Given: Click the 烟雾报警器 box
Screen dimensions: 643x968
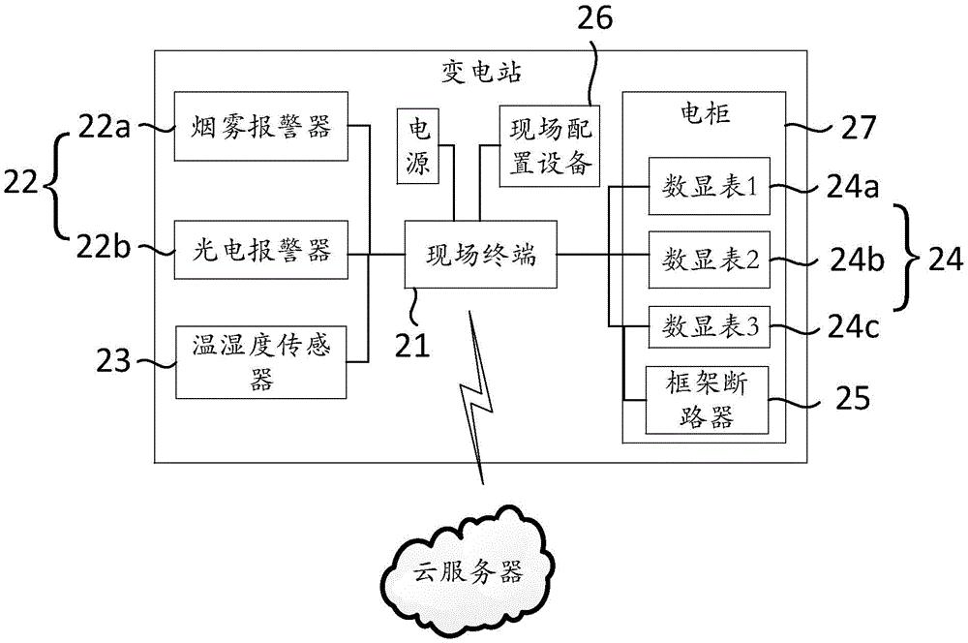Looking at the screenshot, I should pyautogui.click(x=260, y=126).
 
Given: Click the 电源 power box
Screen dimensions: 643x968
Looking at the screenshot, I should pyautogui.click(x=418, y=145).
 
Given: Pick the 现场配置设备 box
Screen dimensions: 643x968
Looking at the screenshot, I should pyautogui.click(x=548, y=145).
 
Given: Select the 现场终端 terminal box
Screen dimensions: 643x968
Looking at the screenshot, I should pyautogui.click(x=480, y=257).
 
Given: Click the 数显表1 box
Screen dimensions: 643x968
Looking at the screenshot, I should pyautogui.click(x=709, y=187).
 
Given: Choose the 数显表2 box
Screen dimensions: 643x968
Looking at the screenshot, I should pyautogui.click(x=709, y=259).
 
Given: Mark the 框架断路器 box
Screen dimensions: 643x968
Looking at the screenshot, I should pyautogui.click(x=709, y=402).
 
